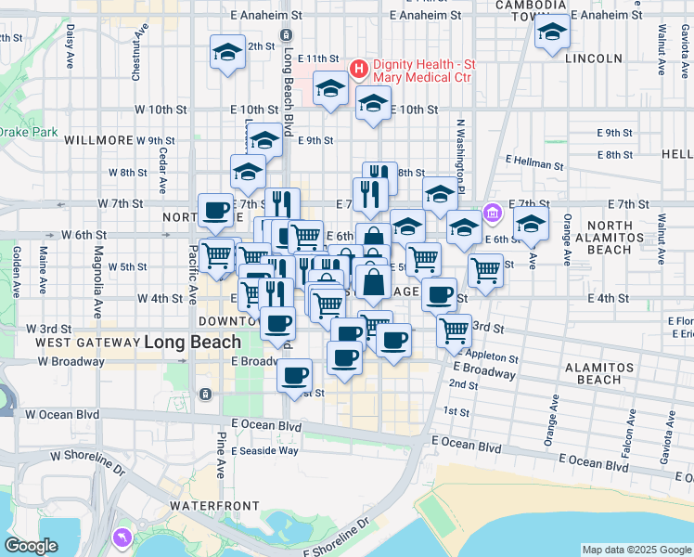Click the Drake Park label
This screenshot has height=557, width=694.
27,133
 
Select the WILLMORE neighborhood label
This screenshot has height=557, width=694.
98,140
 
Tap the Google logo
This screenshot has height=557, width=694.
31,545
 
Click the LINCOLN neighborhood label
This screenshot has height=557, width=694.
592,58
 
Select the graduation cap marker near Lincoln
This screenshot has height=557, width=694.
552,33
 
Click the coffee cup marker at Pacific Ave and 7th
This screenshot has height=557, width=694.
215,210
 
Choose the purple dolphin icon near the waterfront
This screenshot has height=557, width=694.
122,538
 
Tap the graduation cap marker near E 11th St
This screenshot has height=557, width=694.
227,53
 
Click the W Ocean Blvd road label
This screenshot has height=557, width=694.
63,414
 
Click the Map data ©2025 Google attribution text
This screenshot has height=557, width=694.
636,550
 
